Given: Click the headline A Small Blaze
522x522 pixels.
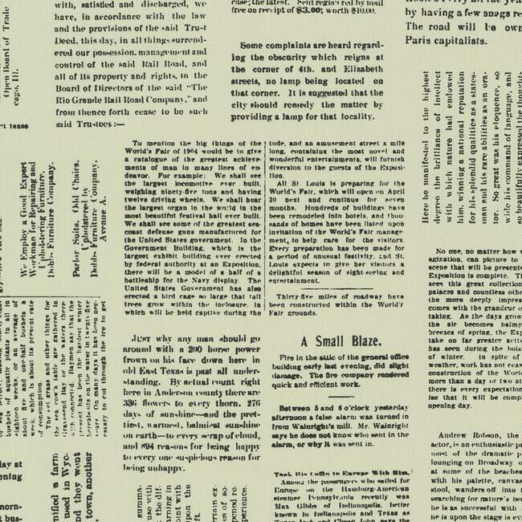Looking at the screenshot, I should point(341,341).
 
